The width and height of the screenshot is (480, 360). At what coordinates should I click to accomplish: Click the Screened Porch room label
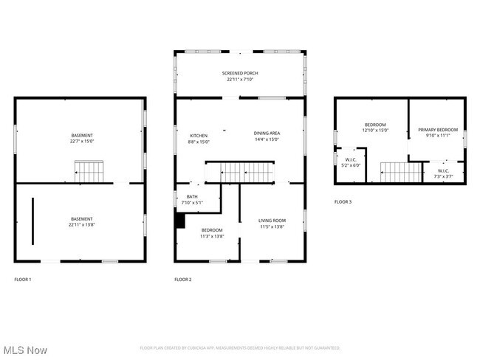(x=240, y=77)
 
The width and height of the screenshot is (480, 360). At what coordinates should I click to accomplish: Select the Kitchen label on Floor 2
(x=199, y=138)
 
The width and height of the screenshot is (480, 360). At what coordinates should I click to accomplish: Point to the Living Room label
(x=271, y=224)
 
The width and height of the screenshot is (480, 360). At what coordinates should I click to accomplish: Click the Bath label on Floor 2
(x=192, y=200)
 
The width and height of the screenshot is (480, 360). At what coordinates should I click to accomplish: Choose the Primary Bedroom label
(x=438, y=133)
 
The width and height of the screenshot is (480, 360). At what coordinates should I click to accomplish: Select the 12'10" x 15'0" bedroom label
(x=375, y=128)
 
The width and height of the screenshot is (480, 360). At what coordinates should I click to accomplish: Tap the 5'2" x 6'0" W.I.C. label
(x=350, y=162)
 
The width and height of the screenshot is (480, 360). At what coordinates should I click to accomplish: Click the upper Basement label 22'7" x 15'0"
(x=82, y=138)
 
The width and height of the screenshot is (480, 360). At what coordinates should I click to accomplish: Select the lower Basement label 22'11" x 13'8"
(x=82, y=221)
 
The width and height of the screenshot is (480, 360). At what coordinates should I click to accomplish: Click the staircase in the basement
(x=90, y=173)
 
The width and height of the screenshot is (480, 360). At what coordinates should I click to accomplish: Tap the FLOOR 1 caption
(x=23, y=280)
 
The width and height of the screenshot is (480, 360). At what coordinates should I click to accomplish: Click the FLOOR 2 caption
(x=182, y=280)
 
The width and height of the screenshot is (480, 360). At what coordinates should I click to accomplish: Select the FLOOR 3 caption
(x=343, y=201)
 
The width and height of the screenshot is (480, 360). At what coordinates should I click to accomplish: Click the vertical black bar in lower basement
(x=32, y=221)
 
